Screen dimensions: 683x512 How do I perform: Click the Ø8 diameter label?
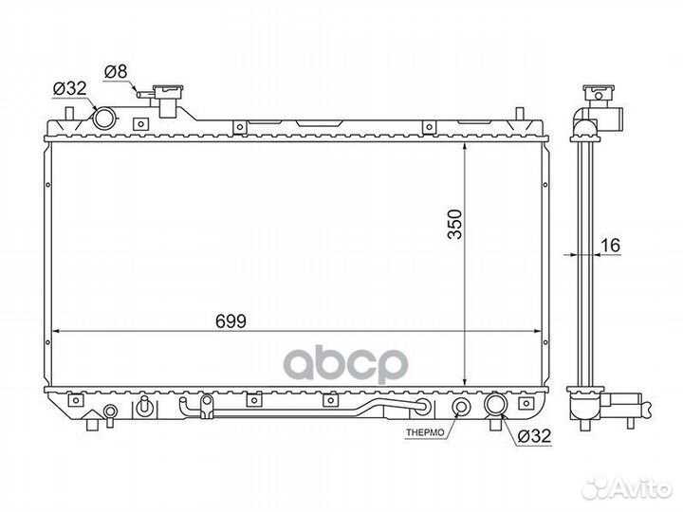tap(117, 71)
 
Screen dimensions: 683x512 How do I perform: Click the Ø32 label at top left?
tap(69, 89)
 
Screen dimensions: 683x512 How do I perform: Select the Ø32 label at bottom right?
tap(534, 435)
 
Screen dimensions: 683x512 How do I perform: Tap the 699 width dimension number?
tap(231, 321)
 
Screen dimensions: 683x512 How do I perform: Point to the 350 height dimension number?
tap(455, 224)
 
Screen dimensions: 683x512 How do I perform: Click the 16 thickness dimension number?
tap(610, 246)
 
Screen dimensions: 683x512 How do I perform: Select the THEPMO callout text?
tap(425, 432)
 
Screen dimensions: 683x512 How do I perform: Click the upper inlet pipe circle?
tap(104, 118)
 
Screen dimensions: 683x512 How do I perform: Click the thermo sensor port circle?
tap(461, 406)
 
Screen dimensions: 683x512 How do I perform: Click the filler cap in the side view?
tap(598, 93)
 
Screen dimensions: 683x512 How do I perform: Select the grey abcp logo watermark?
tap(346, 364)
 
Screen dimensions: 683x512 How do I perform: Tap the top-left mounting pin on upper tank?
tap(69, 115)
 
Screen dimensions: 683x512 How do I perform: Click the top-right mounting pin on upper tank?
tap(519, 114)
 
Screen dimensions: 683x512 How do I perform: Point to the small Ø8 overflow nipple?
tap(144, 94)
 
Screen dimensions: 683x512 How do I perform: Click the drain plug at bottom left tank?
tap(110, 412)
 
